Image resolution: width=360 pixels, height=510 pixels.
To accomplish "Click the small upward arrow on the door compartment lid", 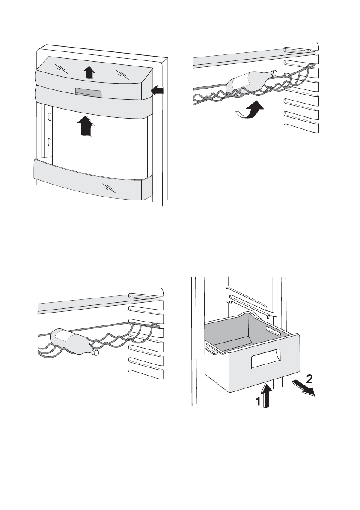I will [x=88, y=73].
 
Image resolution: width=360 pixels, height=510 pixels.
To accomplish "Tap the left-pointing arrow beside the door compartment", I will [x=158, y=91].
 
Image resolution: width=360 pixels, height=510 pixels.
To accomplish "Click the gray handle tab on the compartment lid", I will [x=88, y=92].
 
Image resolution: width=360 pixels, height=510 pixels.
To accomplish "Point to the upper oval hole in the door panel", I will [x=50, y=116].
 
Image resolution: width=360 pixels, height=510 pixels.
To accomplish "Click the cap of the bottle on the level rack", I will [x=96, y=353].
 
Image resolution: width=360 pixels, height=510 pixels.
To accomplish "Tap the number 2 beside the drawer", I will [x=311, y=379].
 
